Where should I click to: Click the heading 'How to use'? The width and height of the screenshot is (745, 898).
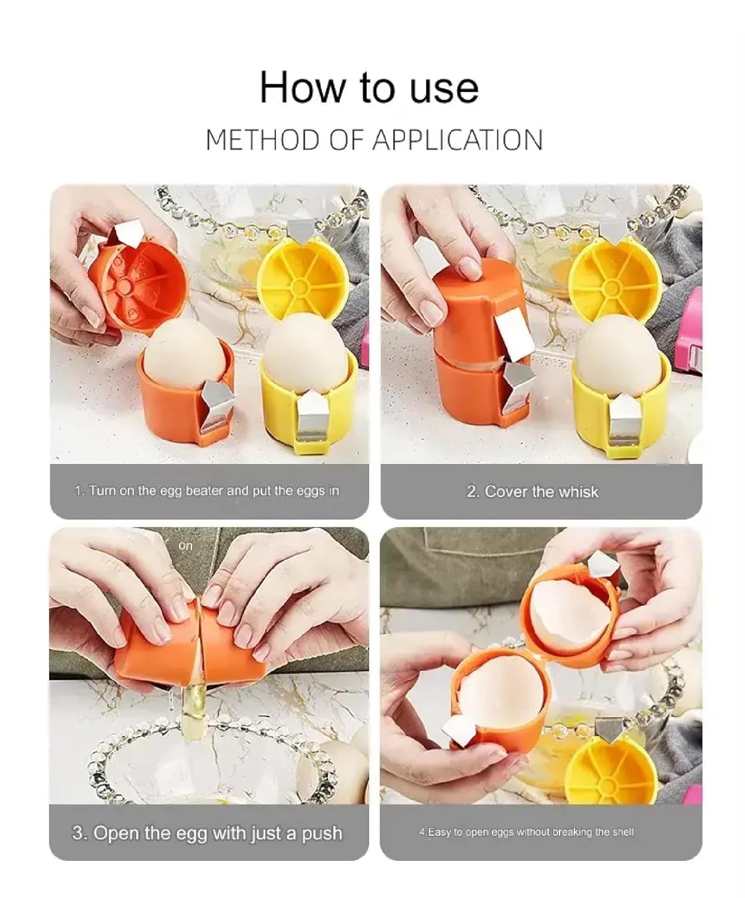click(369, 87)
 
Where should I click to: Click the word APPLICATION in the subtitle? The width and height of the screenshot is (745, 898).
click(457, 141)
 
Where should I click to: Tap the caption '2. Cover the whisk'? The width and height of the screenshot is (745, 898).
click(532, 492)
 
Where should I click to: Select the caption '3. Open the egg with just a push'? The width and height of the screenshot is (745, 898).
click(207, 833)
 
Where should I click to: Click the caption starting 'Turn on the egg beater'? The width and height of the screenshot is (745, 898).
click(207, 491)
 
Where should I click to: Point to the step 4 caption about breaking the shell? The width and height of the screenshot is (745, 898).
click(526, 832)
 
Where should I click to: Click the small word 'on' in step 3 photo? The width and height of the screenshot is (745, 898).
click(186, 546)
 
